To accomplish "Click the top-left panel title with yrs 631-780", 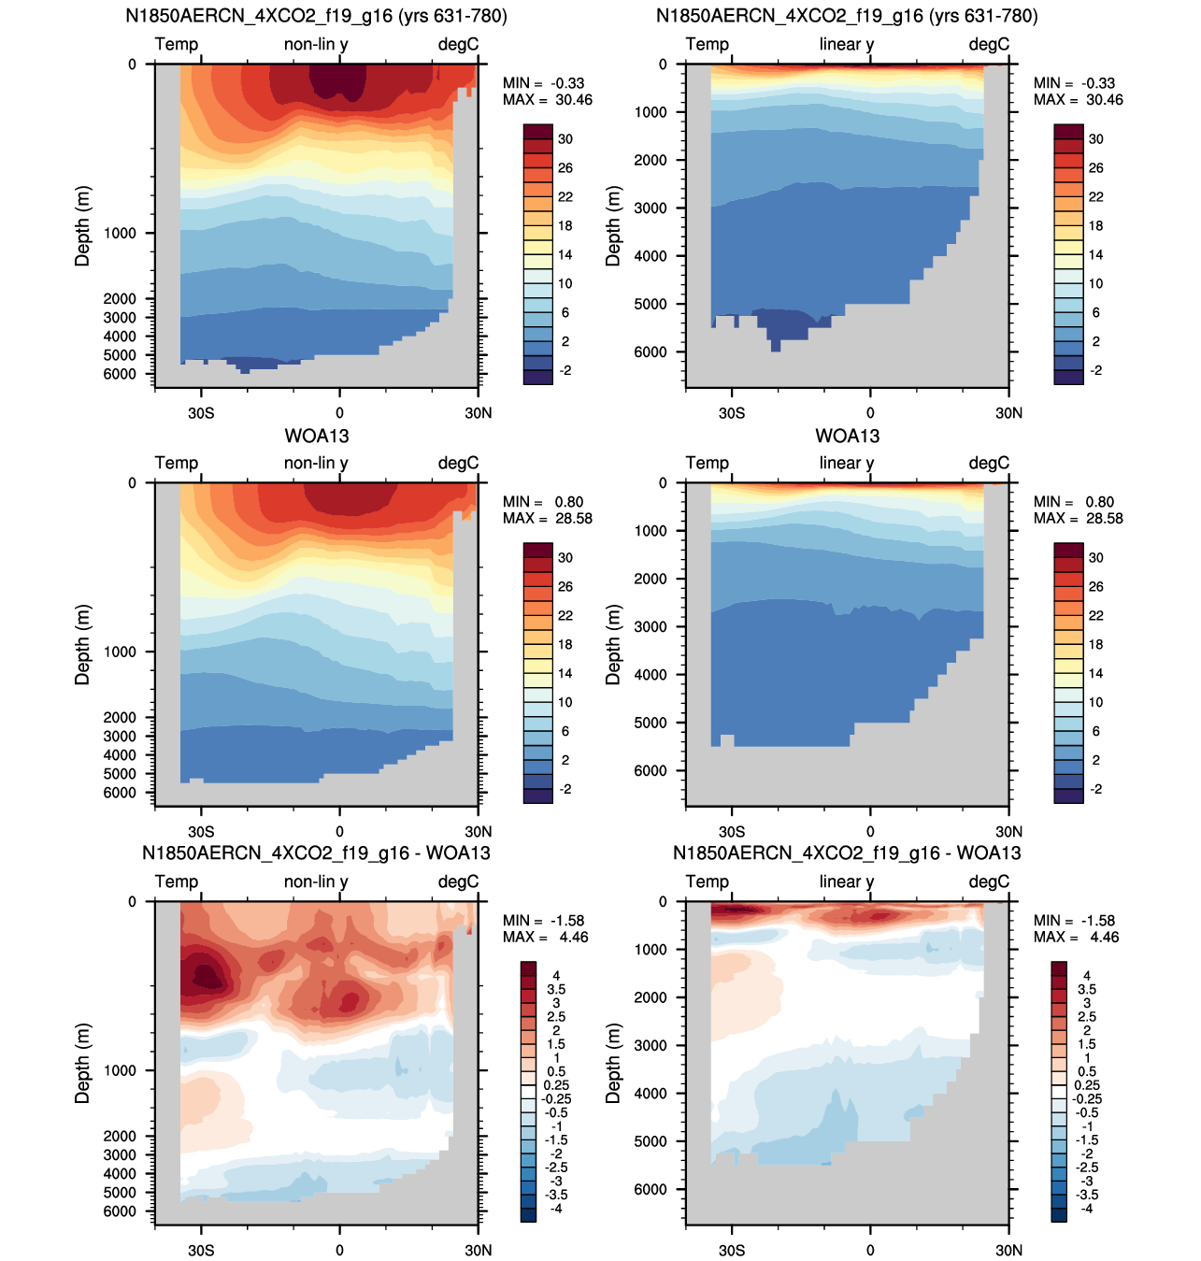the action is tap(316, 15).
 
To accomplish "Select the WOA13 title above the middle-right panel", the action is tap(847, 437).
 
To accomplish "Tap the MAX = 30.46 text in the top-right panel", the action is tap(1078, 100).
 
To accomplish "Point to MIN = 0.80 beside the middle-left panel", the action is tap(543, 502).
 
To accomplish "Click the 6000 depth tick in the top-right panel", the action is tap(651, 352).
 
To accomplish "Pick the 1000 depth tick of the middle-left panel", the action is tap(120, 652).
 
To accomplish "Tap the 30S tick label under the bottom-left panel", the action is tap(201, 1250).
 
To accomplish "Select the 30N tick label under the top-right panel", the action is tap(1009, 413).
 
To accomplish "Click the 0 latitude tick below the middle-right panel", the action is tap(870, 832).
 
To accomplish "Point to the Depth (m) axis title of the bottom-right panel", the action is tap(613, 1063).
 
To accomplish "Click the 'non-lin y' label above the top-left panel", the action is tap(316, 44).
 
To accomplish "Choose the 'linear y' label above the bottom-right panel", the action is tap(846, 881).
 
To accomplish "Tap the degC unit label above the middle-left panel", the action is tap(458, 463).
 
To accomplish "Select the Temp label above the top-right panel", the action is tap(707, 44).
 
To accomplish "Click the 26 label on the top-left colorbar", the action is tap(565, 168).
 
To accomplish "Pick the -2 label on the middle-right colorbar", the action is tap(1095, 789).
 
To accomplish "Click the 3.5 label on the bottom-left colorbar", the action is tap(556, 989).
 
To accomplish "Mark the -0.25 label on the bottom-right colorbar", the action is tap(1086, 1098).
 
